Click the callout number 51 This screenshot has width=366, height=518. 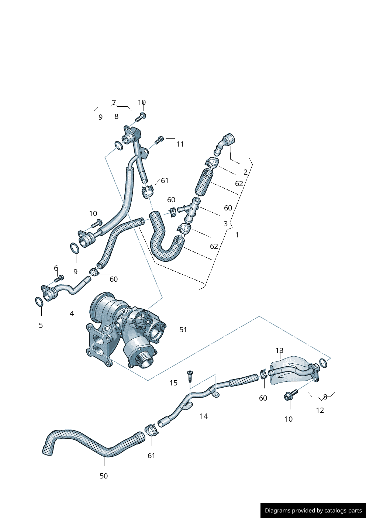(183, 330)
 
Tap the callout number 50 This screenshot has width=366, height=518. (104, 476)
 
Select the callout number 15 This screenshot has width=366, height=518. (173, 383)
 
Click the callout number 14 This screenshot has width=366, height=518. (204, 416)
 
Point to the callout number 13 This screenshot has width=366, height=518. (279, 350)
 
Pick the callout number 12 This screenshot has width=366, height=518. (320, 410)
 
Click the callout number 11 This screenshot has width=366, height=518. (180, 144)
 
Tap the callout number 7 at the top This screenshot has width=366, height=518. (114, 103)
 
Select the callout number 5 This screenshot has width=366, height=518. (41, 325)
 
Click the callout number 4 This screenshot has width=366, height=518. (72, 313)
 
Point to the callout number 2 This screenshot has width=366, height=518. (245, 172)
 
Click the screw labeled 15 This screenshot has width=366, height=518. (190, 376)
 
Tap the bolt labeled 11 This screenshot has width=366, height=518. (159, 140)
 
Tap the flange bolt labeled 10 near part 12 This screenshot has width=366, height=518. (290, 395)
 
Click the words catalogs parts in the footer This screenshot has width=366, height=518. (343, 511)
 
